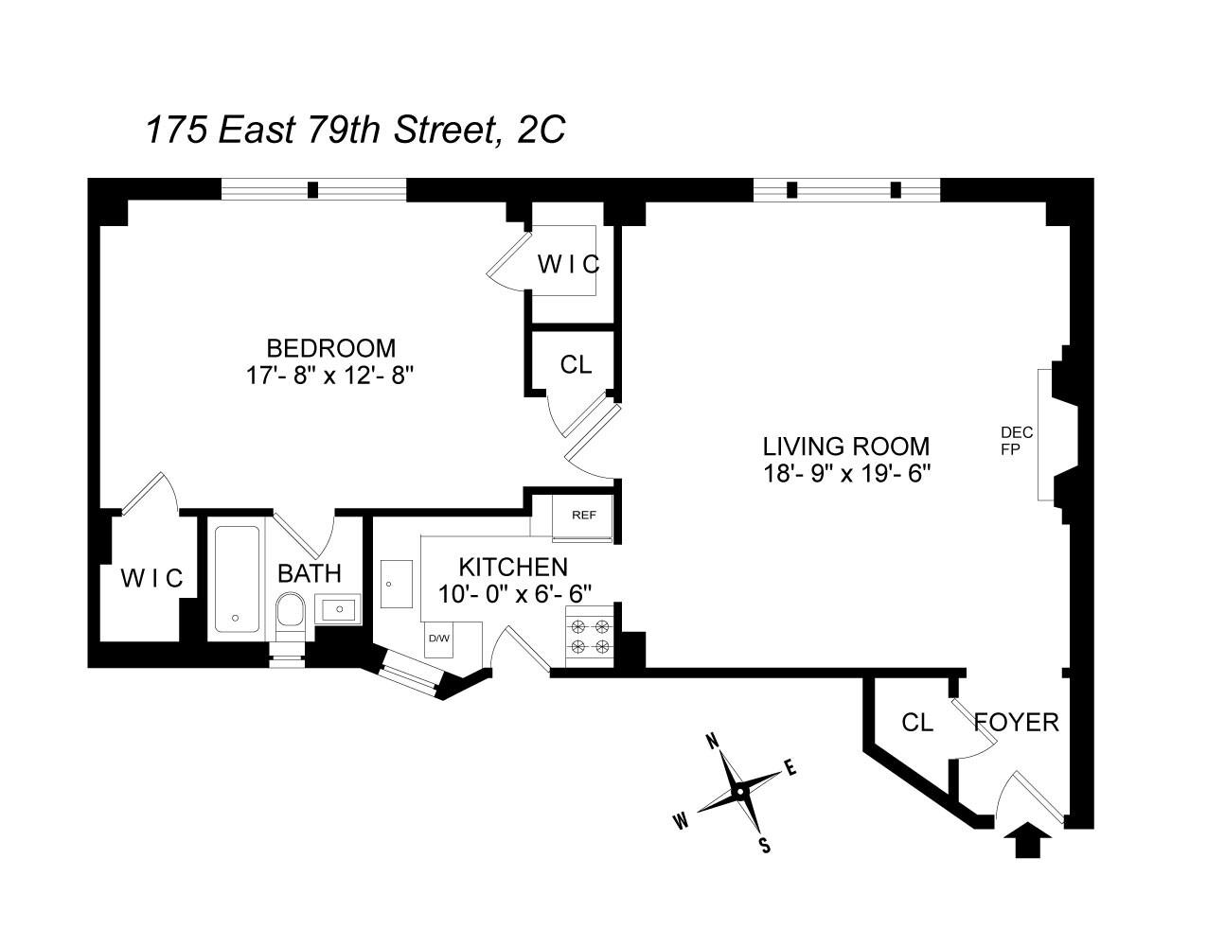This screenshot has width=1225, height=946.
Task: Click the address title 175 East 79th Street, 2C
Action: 355,130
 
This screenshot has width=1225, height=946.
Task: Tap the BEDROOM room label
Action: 330,348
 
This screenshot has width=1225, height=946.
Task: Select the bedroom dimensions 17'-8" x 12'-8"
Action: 330,376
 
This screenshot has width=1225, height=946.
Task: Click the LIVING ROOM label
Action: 846,446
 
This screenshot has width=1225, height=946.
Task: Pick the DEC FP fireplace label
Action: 1016,441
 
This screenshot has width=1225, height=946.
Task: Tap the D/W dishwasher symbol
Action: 439,638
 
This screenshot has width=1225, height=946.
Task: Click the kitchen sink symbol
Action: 396,585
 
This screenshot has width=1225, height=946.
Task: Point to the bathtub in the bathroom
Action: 236,579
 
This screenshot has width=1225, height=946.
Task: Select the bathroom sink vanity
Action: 338,608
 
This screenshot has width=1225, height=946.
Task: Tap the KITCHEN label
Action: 513,567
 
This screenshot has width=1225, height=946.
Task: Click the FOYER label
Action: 1017,723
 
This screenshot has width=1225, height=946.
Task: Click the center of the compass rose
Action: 740,790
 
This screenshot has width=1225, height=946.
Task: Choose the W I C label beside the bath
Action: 151,577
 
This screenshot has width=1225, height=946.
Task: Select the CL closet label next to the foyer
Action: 916,723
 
